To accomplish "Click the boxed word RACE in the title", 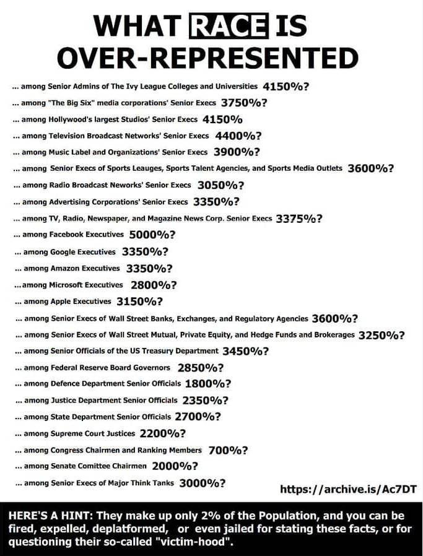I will (x=228, y=27).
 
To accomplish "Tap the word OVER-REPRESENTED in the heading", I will (x=208, y=58).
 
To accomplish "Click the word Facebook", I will (x=69, y=235).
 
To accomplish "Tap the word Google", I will (x=66, y=252).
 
